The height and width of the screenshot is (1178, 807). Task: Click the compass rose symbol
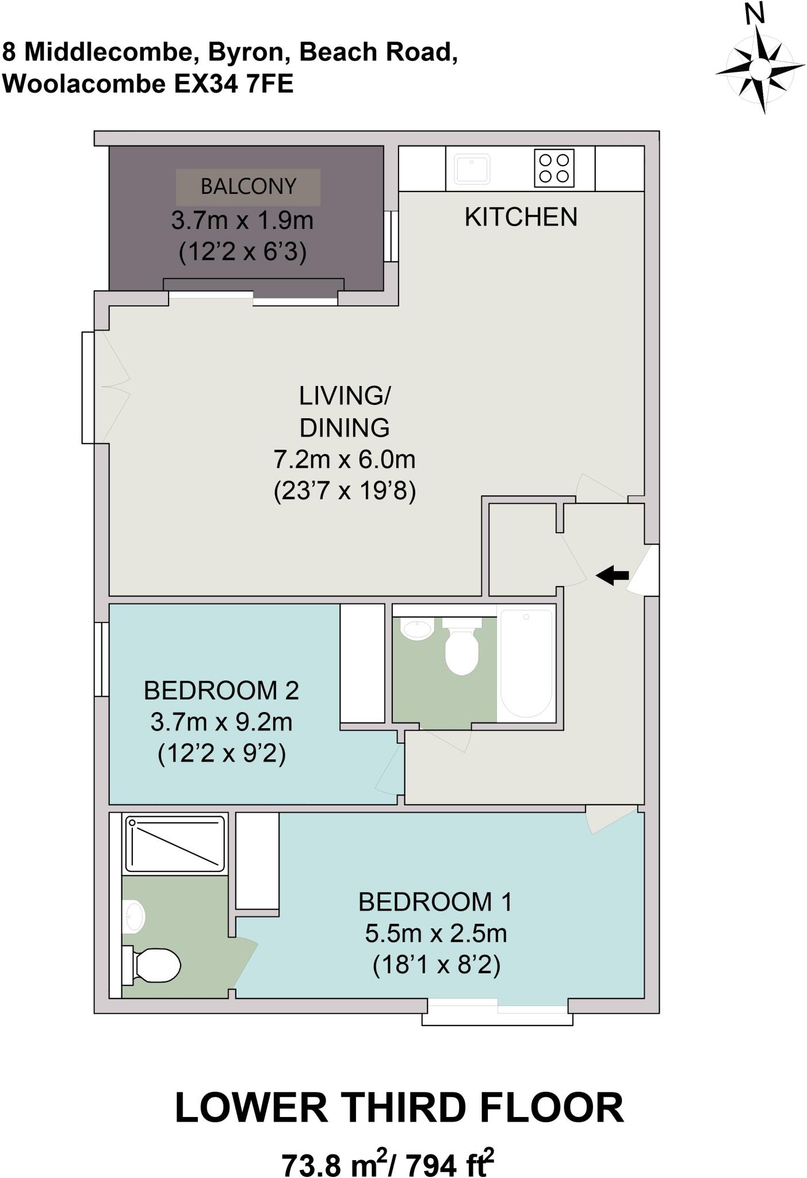760,68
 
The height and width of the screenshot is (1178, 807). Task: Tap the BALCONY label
248,187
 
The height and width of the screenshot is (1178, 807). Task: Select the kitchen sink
472,167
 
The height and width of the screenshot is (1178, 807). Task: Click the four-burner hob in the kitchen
554,167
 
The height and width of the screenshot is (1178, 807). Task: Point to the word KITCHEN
521,217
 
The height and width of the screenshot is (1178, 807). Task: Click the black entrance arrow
613,575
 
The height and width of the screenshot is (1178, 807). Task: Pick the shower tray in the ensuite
175,843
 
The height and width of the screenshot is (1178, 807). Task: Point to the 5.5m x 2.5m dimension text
435,934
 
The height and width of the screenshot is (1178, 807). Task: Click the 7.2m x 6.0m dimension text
344,460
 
